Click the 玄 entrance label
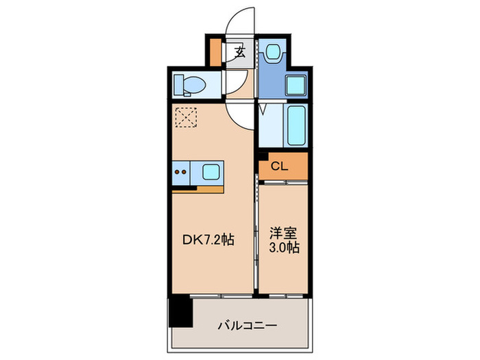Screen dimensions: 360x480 coord(241,51)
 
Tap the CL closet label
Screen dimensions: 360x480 coord(278,165)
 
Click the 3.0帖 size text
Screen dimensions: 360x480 coord(283,247)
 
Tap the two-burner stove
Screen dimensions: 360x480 coord(183,171)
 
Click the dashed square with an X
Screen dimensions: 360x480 coord(185,117)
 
